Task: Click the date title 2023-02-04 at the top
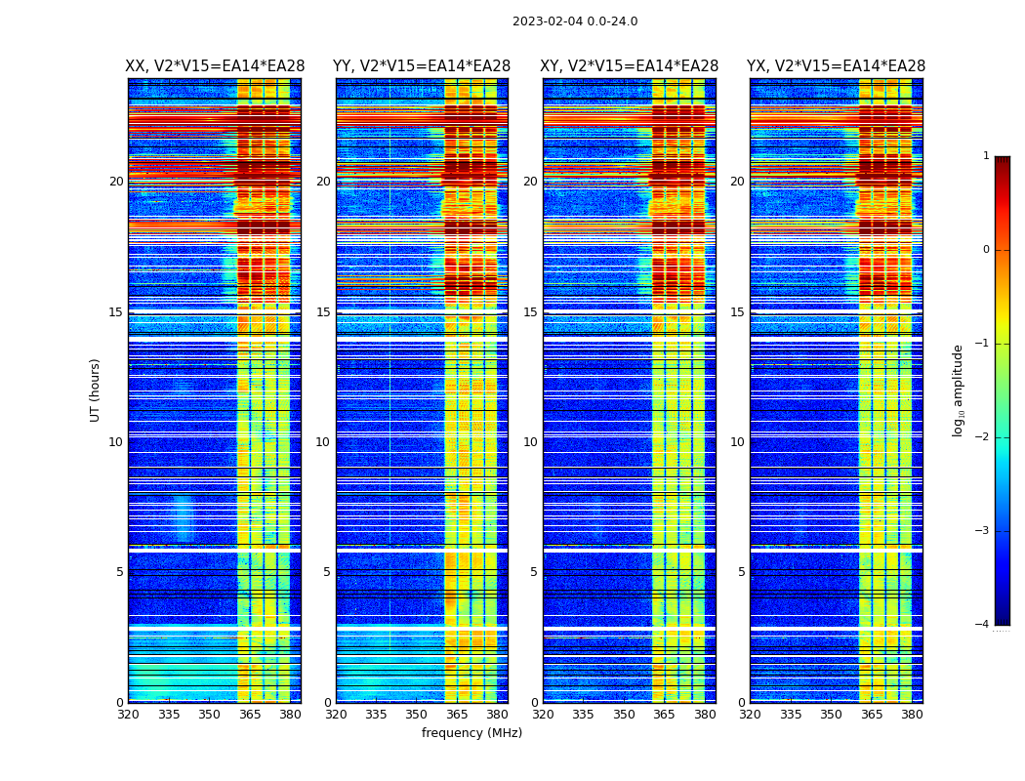pyautogui.click(x=575, y=21)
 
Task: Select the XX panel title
pyautogui.click(x=215, y=66)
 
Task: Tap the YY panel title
pyautogui.click(x=422, y=66)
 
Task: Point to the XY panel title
pyautogui.click(x=629, y=66)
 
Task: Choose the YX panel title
pyautogui.click(x=836, y=66)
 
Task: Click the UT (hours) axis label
pyautogui.click(x=96, y=390)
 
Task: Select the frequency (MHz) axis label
pyautogui.click(x=471, y=733)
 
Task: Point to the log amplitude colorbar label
pyautogui.click(x=958, y=390)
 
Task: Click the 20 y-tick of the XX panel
pyautogui.click(x=116, y=182)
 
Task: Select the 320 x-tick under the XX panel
pyautogui.click(x=128, y=715)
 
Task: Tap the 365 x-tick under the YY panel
pyautogui.click(x=457, y=715)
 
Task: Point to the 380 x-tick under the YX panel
pyautogui.click(x=912, y=715)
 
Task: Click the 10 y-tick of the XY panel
pyautogui.click(x=530, y=442)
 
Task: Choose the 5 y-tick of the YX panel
pyautogui.click(x=741, y=572)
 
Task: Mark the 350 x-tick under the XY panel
pyautogui.click(x=624, y=715)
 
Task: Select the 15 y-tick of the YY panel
pyautogui.click(x=323, y=312)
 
